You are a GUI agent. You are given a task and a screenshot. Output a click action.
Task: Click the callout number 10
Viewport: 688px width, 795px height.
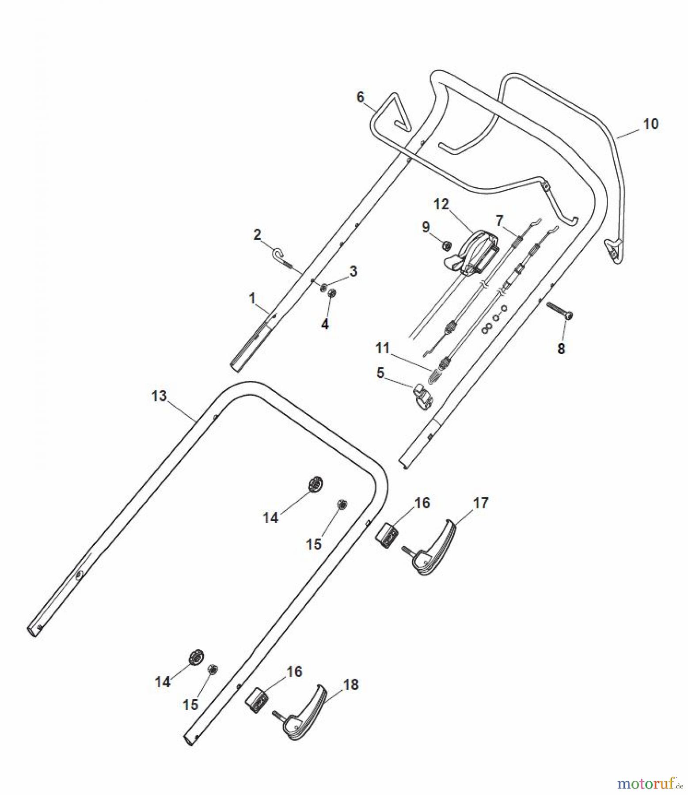point(650,124)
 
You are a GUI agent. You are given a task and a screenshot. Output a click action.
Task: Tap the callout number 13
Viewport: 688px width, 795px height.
point(159,396)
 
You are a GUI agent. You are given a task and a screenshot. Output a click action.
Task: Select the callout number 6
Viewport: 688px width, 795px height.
point(361,97)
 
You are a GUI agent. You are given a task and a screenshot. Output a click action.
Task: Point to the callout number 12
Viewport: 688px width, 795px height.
point(441,204)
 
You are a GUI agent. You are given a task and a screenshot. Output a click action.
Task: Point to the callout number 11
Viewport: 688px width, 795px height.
point(382,348)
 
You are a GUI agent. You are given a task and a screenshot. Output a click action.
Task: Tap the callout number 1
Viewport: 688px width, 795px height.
point(252,299)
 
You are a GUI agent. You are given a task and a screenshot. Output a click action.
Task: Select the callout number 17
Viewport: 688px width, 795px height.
point(481,503)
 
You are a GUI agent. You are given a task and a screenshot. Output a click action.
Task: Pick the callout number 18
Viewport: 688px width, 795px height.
point(351,685)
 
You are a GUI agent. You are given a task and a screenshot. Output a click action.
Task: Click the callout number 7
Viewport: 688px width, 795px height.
point(499,220)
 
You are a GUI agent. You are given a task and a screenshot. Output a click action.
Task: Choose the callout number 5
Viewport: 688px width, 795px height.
point(380,373)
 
